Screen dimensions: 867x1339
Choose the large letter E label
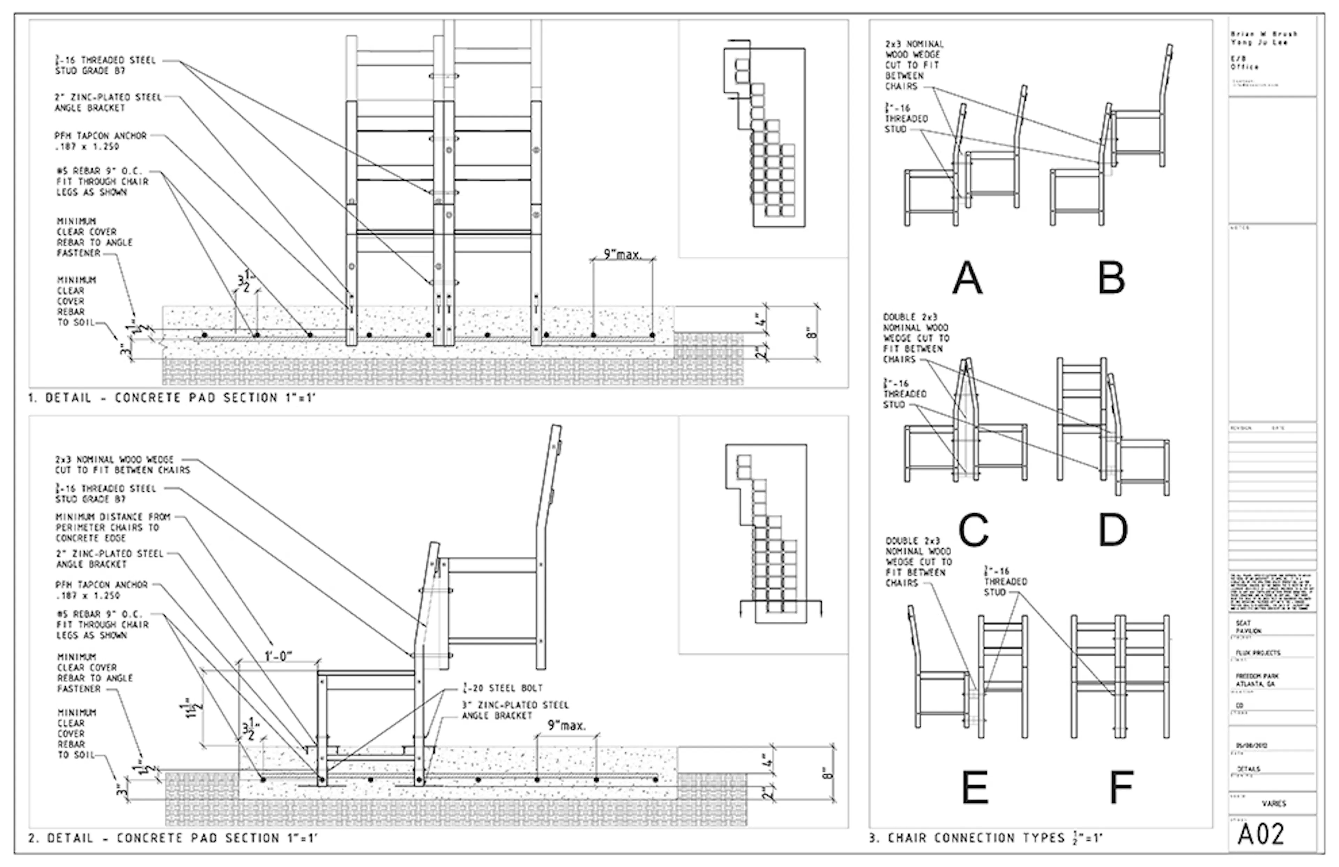[x=975, y=786]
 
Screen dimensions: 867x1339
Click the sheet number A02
[x=1261, y=834]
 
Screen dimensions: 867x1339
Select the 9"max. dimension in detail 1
[x=622, y=254]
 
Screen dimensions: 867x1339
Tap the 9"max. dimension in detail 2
[x=567, y=726]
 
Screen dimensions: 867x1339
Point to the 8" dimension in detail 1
[x=812, y=333]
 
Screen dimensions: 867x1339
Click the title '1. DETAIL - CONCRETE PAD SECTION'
[x=172, y=398]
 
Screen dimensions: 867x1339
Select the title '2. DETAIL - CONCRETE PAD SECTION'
[x=173, y=838]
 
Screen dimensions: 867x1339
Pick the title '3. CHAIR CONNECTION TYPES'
[x=985, y=838]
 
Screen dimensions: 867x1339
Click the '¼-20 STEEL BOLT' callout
[x=502, y=687]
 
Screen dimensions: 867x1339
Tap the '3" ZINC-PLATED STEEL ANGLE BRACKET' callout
[x=515, y=710]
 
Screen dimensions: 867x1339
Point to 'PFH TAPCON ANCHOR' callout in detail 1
[x=100, y=141]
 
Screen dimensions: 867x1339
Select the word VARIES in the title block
[x=1273, y=804]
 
